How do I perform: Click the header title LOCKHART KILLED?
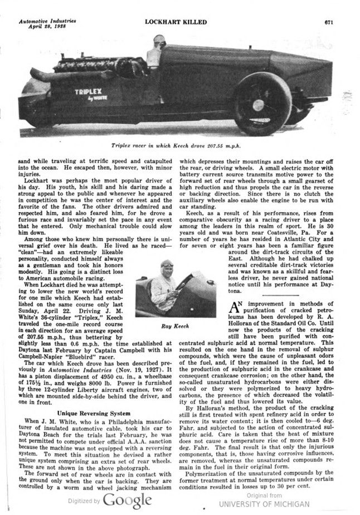tap(176, 22)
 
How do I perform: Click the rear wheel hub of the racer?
tap(258, 105)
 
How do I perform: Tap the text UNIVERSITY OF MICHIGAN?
tap(264, 504)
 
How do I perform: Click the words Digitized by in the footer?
tap(84, 501)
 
